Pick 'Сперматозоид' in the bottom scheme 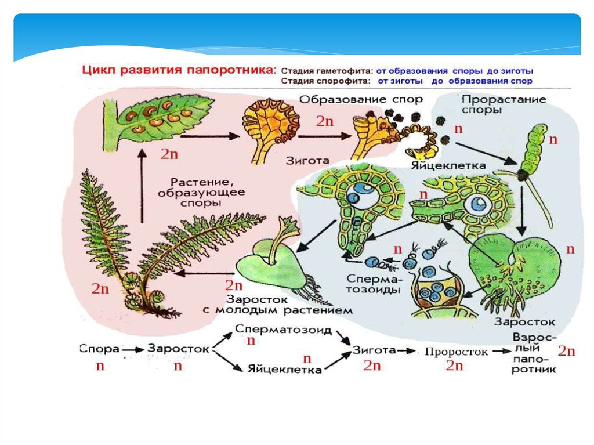pos(284,330)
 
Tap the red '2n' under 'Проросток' pos(454,366)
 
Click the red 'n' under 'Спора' pos(100,367)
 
